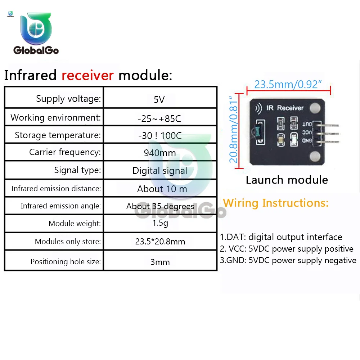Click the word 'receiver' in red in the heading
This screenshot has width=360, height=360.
tap(87, 76)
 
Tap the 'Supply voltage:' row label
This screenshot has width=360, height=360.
tap(68, 99)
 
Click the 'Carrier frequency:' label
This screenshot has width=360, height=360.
tap(65, 152)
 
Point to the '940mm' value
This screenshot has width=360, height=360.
tap(160, 153)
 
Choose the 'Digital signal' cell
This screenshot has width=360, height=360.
tap(160, 171)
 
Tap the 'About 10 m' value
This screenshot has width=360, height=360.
tap(162, 189)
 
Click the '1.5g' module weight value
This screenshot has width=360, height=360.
tap(160, 223)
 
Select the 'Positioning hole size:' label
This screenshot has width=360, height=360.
tap(66, 262)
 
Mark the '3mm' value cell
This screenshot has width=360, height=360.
tap(160, 262)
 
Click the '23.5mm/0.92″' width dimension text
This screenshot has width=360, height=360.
tap(288, 84)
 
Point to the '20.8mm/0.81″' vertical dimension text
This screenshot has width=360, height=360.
tap(234, 129)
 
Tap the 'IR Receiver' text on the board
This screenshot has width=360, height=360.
tap(285, 108)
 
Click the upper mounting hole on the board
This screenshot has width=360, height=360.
tap(315, 107)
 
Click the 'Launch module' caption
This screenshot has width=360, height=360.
tap(287, 180)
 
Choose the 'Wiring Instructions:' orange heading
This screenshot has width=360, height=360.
tap(276, 203)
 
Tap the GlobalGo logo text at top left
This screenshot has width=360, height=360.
tap(36, 50)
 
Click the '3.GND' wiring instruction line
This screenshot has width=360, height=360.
tap(288, 260)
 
